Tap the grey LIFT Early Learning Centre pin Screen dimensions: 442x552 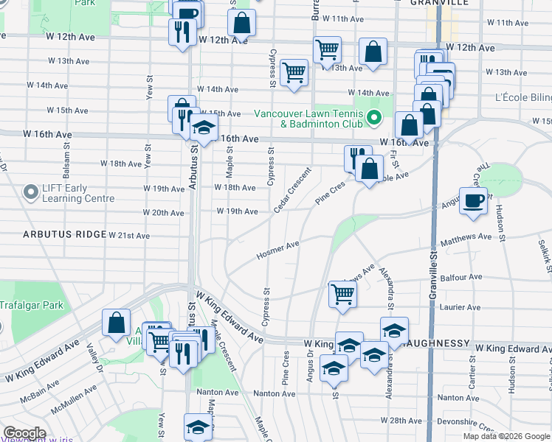point(31,193)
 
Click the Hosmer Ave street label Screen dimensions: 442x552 point(277,250)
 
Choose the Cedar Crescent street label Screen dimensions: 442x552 point(292,191)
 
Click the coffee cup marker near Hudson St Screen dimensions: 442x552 point(473,200)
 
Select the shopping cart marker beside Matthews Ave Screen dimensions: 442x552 point(342,294)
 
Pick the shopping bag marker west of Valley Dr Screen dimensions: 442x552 point(117,323)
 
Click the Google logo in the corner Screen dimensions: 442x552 point(24,433)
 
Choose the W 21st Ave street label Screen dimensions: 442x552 point(128,236)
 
